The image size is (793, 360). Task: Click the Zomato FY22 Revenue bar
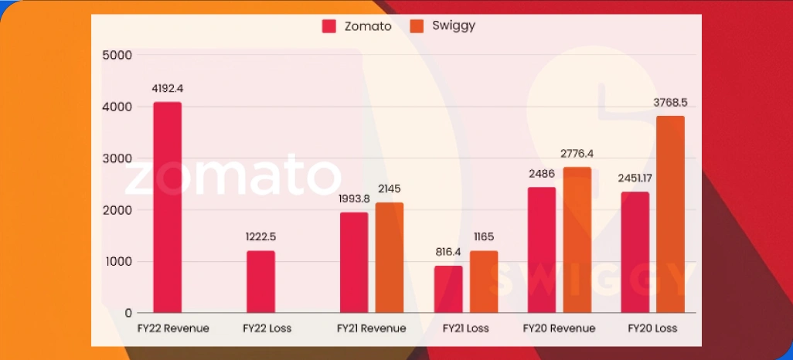coord(167,207)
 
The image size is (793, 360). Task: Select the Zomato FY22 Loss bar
coord(260,281)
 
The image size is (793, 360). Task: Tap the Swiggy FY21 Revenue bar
coord(390,257)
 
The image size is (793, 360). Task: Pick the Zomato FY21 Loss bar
coord(448,289)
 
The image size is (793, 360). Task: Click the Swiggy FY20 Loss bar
coord(670,214)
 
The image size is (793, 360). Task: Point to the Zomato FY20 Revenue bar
coord(542,250)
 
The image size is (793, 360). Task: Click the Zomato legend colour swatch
coord(328,26)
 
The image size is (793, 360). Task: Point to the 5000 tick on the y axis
coord(117,56)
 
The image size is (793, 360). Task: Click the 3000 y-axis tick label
coord(117,158)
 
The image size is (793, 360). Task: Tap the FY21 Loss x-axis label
coord(465,328)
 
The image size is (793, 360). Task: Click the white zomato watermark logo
coord(232,177)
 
